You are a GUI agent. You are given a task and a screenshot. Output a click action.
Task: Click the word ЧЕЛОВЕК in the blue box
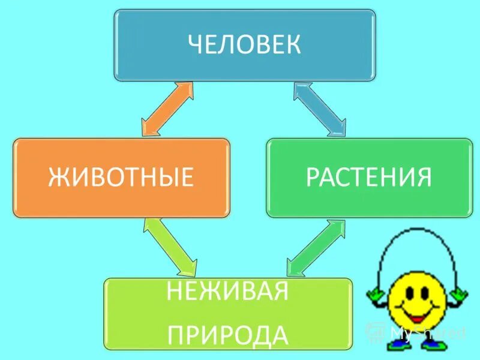pyautogui.click(x=244, y=45)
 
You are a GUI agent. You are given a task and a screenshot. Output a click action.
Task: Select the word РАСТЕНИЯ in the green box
pyautogui.click(x=369, y=177)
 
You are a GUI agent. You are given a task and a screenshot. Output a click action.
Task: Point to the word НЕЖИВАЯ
pyautogui.click(x=228, y=293)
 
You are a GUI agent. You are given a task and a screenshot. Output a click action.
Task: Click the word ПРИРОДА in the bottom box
pyautogui.click(x=228, y=334)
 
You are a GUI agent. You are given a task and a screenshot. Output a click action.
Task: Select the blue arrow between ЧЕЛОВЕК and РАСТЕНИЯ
pyautogui.click(x=320, y=109)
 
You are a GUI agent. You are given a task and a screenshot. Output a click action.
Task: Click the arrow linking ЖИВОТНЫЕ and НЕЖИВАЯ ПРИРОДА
pyautogui.click(x=171, y=245)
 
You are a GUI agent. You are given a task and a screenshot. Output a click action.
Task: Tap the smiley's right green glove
pyautogui.click(x=460, y=294)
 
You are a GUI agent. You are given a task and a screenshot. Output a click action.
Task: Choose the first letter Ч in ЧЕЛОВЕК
pyautogui.click(x=196, y=45)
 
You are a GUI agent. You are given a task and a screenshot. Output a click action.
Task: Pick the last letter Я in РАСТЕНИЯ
pyautogui.click(x=424, y=177)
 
